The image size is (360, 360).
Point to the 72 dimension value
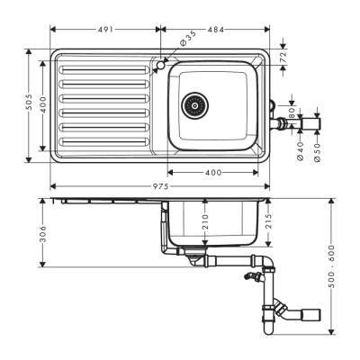(x=283, y=57)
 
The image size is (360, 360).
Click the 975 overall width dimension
(x=158, y=185)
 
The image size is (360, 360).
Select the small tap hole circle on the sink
(x=160, y=65)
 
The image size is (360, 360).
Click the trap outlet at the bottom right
(x=312, y=315)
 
